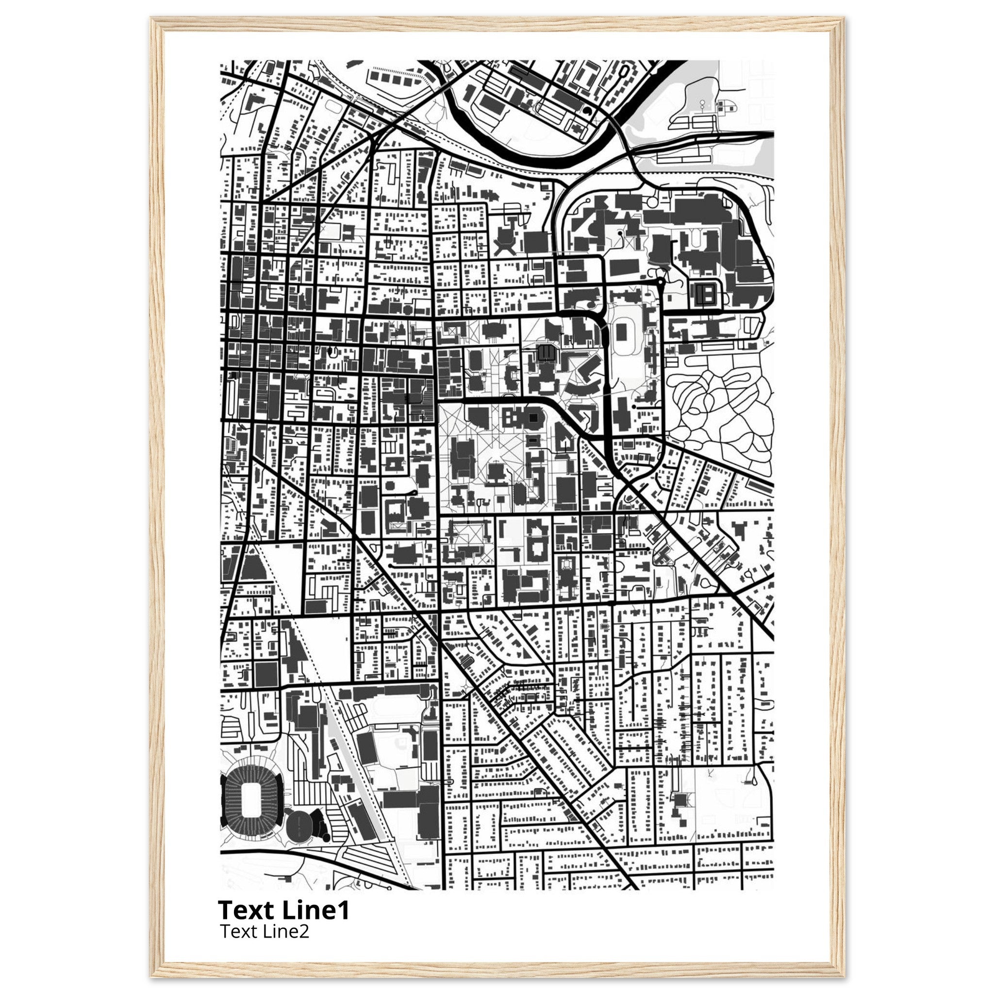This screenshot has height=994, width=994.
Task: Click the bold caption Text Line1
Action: tap(283, 910)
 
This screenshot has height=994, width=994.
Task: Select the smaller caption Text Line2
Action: tap(264, 932)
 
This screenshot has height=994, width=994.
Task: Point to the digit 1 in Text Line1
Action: tap(344, 910)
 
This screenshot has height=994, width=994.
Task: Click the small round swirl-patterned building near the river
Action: tap(587, 111)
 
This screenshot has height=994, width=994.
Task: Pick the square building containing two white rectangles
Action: tap(706, 294)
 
